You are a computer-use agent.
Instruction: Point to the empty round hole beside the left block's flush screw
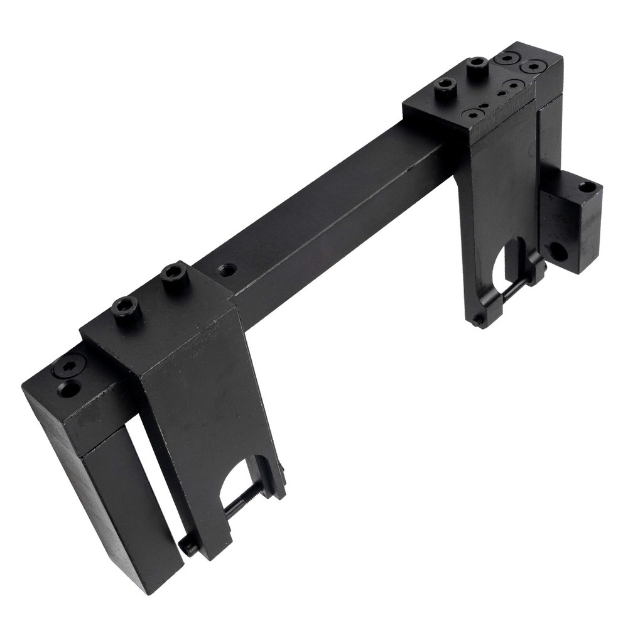69,389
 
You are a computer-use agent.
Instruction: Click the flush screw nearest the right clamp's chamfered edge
473,114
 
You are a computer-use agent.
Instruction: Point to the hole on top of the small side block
587,187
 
